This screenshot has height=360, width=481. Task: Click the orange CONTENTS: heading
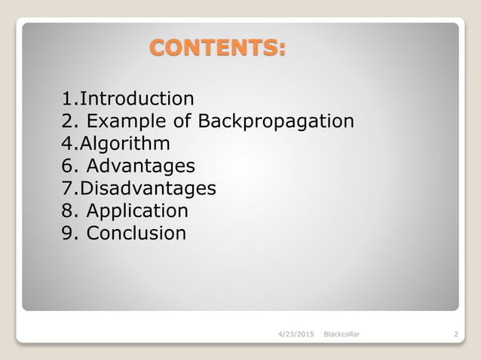(x=217, y=48)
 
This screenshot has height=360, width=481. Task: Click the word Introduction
(x=136, y=99)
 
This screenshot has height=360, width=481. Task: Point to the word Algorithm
(x=125, y=144)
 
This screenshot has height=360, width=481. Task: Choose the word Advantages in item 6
(x=141, y=166)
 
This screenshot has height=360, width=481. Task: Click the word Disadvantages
(x=148, y=188)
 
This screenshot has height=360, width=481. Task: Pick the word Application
(x=137, y=211)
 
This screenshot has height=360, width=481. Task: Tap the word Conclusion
(x=136, y=233)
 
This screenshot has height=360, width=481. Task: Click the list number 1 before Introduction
(x=67, y=99)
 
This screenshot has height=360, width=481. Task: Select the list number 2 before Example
(x=67, y=121)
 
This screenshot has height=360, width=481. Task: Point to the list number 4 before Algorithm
(x=67, y=144)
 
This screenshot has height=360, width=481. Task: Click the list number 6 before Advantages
(x=67, y=166)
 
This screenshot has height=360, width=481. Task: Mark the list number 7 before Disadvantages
(x=67, y=188)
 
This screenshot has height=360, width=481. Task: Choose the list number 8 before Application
(x=67, y=211)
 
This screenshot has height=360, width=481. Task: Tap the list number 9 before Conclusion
(x=67, y=233)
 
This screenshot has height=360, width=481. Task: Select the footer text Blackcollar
(x=341, y=334)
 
